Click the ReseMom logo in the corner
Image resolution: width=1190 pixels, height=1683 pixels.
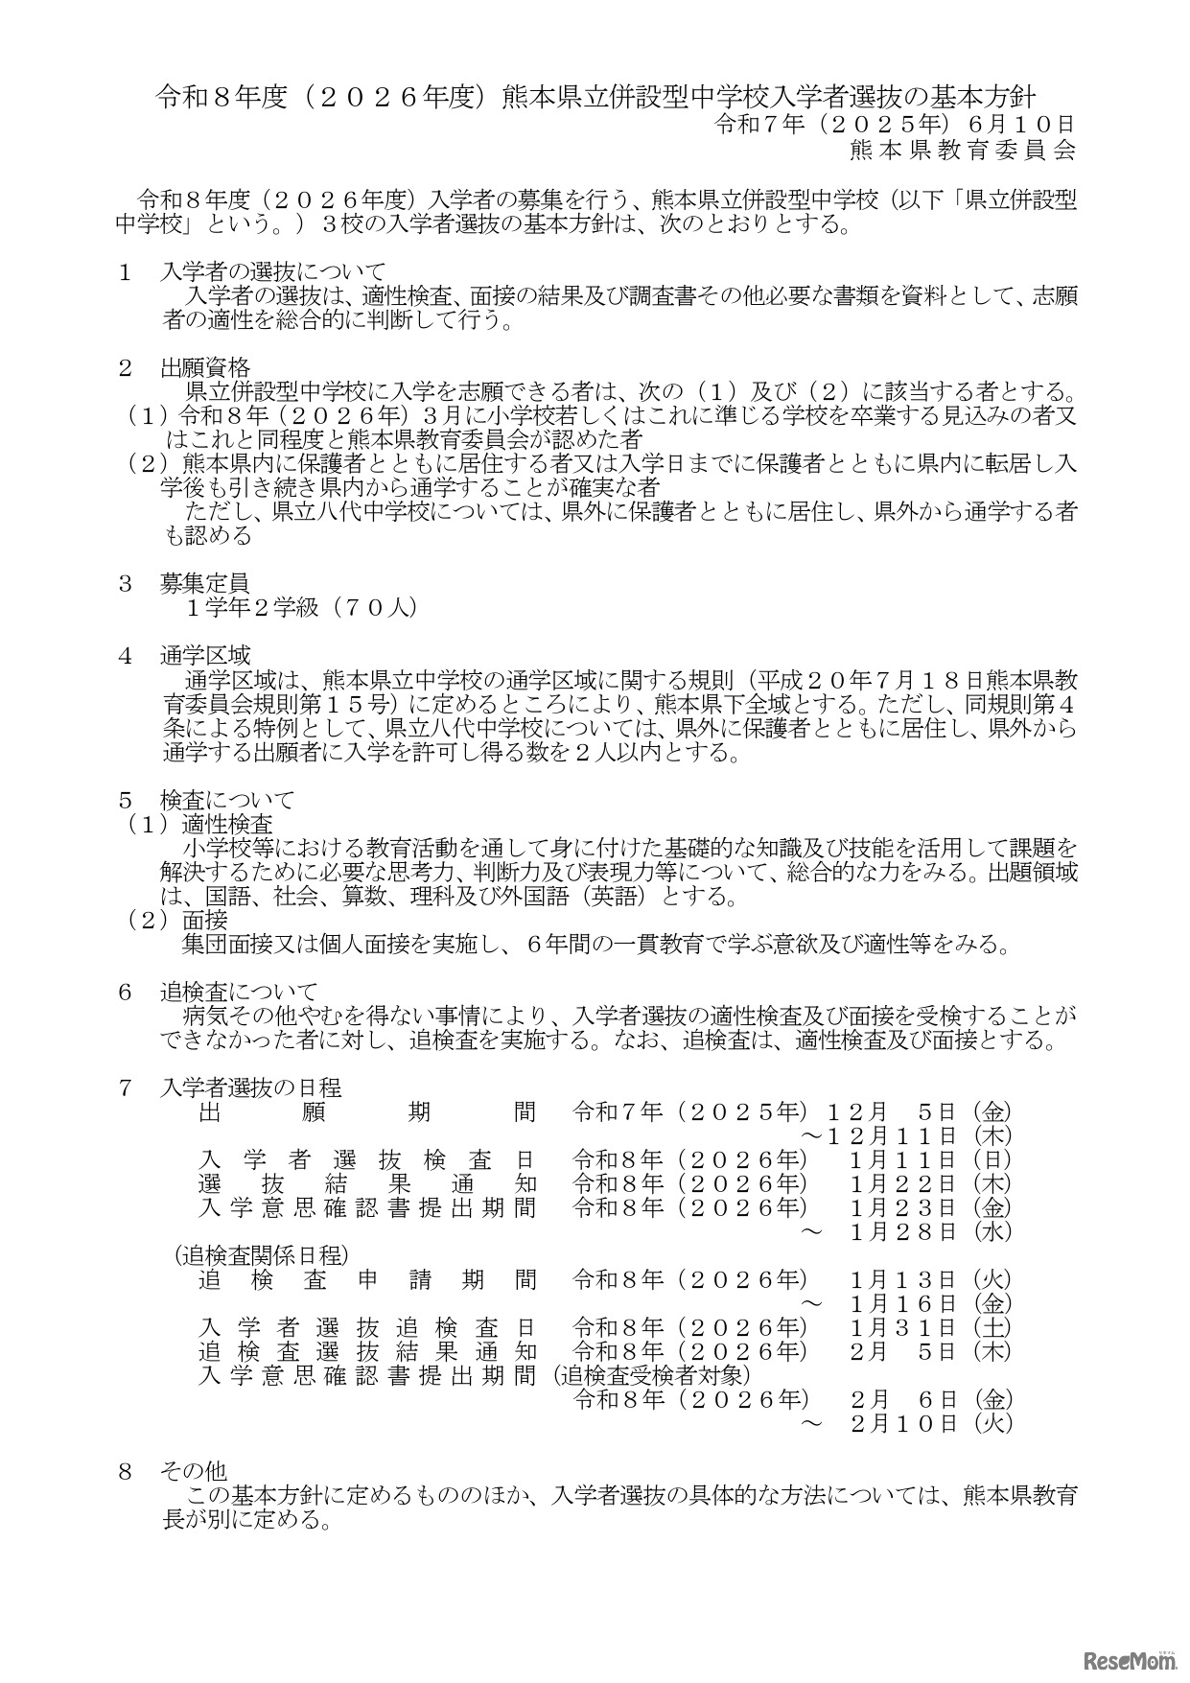pyautogui.click(x=1127, y=1657)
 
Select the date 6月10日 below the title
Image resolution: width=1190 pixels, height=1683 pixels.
pyautogui.click(x=1022, y=124)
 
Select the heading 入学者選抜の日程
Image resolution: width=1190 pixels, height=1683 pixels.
pyautogui.click(x=250, y=1088)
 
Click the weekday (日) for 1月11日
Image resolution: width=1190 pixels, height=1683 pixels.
pyautogui.click(x=992, y=1160)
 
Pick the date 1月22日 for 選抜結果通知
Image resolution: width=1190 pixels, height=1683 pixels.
pyautogui.click(x=903, y=1184)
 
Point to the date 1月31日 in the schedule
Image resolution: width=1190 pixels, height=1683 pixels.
pyautogui.click(x=903, y=1328)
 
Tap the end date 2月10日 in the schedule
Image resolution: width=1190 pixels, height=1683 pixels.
pyautogui.click(x=903, y=1424)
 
